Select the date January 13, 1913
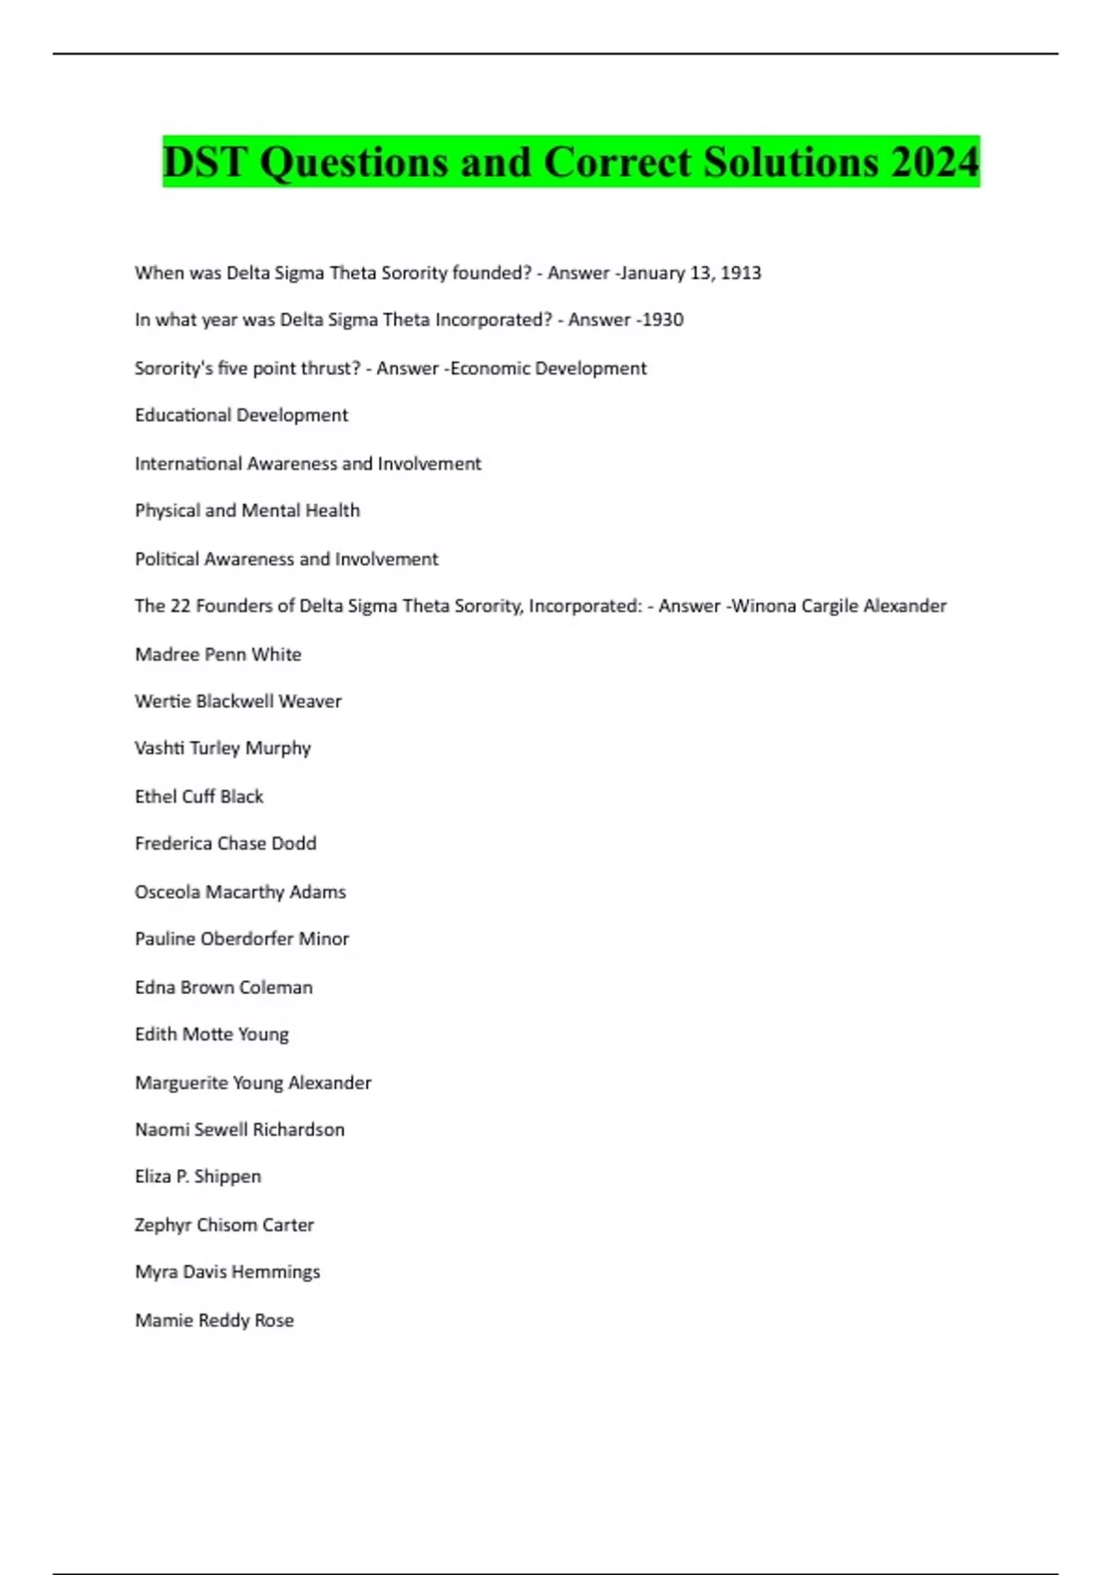[x=690, y=273]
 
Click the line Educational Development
[x=241, y=416]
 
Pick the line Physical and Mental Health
[x=247, y=511]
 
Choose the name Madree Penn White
[x=218, y=655]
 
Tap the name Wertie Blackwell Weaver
[x=238, y=702]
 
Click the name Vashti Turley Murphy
[x=222, y=749]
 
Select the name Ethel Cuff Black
[x=199, y=797]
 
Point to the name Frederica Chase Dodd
[x=225, y=844]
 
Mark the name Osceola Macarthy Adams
[x=240, y=892]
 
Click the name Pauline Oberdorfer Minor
[x=242, y=939]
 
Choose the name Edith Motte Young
[x=211, y=1035]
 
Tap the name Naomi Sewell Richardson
[x=239, y=1130]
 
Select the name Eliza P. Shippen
[x=197, y=1177]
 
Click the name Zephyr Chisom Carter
[x=224, y=1225]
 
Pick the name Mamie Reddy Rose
[x=214, y=1320]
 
